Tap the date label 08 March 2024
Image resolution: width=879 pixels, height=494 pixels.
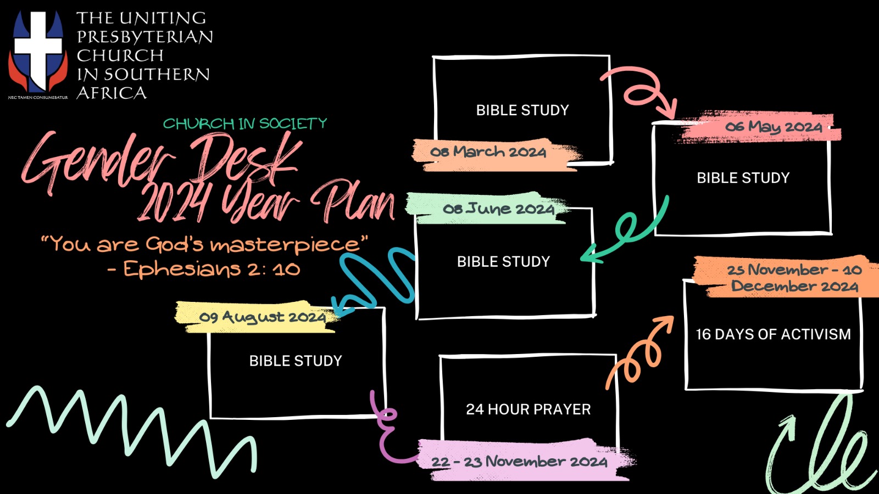click(x=488, y=152)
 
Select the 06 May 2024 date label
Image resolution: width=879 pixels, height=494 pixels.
click(x=774, y=127)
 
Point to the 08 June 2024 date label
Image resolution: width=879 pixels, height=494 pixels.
click(x=498, y=209)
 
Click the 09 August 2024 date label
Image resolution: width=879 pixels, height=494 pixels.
click(x=262, y=317)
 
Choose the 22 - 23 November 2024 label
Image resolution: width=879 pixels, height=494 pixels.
click(x=519, y=462)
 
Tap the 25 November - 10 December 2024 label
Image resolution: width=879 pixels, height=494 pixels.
click(x=794, y=278)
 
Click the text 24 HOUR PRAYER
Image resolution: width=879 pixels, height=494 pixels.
click(x=528, y=409)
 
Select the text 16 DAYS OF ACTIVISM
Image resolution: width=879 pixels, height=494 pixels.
click(x=773, y=334)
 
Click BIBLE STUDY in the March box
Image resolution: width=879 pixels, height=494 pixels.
click(x=522, y=110)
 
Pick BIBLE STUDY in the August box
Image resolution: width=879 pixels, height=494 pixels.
click(x=296, y=361)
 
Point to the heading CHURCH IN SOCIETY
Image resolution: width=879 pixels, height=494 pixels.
click(x=245, y=123)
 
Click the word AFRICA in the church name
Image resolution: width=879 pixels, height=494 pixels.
click(x=112, y=93)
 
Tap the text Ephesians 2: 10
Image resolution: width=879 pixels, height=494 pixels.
click(x=212, y=269)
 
